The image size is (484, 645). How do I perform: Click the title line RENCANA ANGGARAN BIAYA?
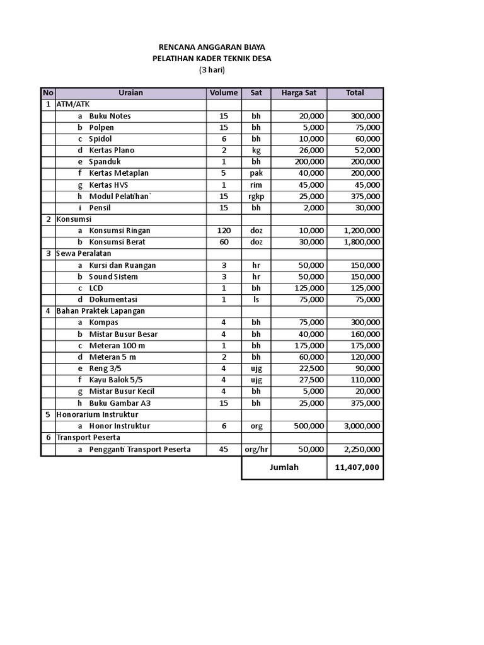coord(211,47)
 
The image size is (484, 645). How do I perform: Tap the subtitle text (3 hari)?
coord(212,70)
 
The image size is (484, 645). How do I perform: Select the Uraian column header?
coord(130,93)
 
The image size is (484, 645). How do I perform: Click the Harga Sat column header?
coord(299,93)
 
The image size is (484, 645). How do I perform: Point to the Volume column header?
coord(224,93)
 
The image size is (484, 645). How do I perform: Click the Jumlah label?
coord(284,468)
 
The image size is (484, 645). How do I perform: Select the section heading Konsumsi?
coord(74,219)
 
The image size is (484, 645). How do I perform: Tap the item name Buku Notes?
coord(110,116)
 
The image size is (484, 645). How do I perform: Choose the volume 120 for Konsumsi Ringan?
coord(224,231)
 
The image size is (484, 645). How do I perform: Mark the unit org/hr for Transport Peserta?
coord(256,449)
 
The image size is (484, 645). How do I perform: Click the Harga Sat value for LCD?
coord(308,288)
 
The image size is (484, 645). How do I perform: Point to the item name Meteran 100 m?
coord(117,345)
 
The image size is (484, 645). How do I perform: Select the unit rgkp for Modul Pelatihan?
coord(256,197)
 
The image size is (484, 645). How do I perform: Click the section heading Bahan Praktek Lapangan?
coord(101,311)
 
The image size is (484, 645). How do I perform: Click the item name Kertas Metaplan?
coord(118,173)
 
